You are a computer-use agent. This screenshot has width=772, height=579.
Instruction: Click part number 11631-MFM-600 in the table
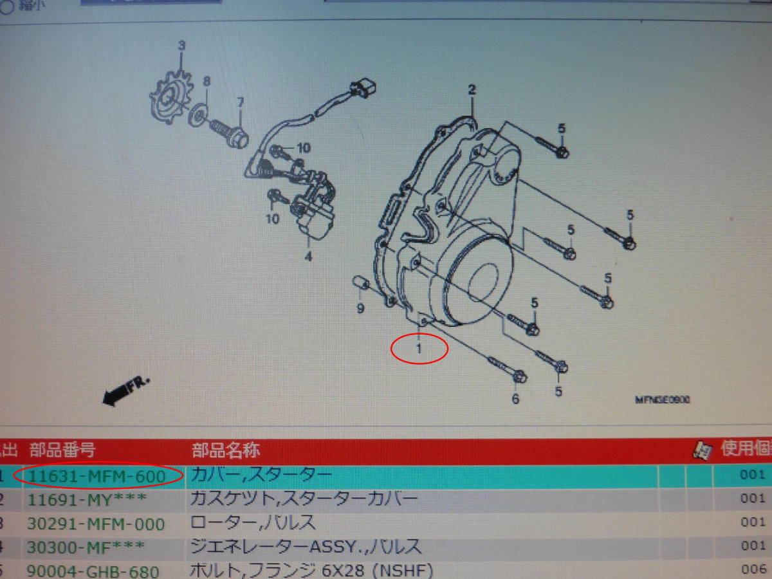(x=96, y=477)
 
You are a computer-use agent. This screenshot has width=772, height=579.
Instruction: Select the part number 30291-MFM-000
(x=96, y=524)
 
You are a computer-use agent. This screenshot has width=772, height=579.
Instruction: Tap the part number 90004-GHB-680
(x=93, y=571)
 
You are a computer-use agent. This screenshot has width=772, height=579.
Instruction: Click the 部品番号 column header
(x=62, y=450)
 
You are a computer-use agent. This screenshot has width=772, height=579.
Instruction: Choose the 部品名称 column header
(x=226, y=450)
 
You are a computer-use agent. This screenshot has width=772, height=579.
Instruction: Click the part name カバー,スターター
(x=261, y=476)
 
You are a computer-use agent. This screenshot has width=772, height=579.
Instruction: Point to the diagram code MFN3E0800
(x=663, y=400)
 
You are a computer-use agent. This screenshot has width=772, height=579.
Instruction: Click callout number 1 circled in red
(x=419, y=349)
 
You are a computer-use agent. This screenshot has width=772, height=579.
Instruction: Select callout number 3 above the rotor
(x=181, y=46)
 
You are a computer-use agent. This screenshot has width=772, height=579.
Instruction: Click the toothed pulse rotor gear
(x=169, y=100)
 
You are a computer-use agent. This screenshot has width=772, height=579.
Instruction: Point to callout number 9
(x=360, y=309)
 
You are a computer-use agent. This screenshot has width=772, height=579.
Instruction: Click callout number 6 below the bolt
(x=515, y=399)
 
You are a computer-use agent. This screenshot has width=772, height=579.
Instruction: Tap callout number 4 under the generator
(x=308, y=257)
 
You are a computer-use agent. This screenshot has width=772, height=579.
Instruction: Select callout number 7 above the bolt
(x=240, y=102)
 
